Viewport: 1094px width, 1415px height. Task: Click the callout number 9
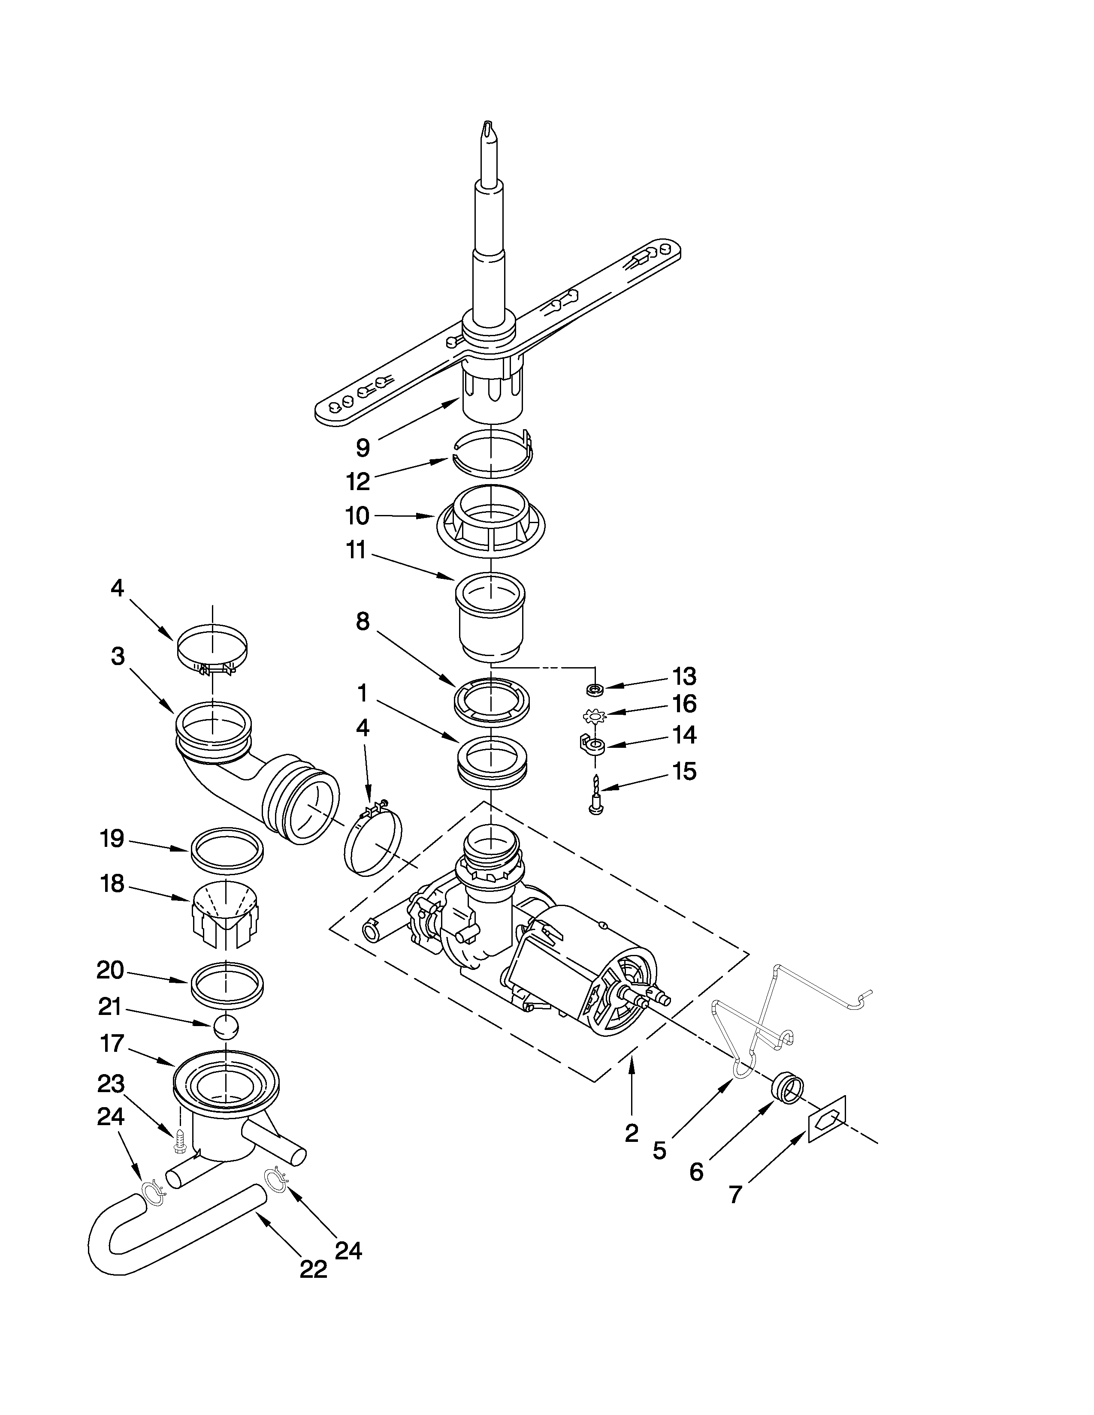coord(363,448)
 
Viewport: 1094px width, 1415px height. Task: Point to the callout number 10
coord(357,516)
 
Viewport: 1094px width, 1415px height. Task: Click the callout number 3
coord(117,656)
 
